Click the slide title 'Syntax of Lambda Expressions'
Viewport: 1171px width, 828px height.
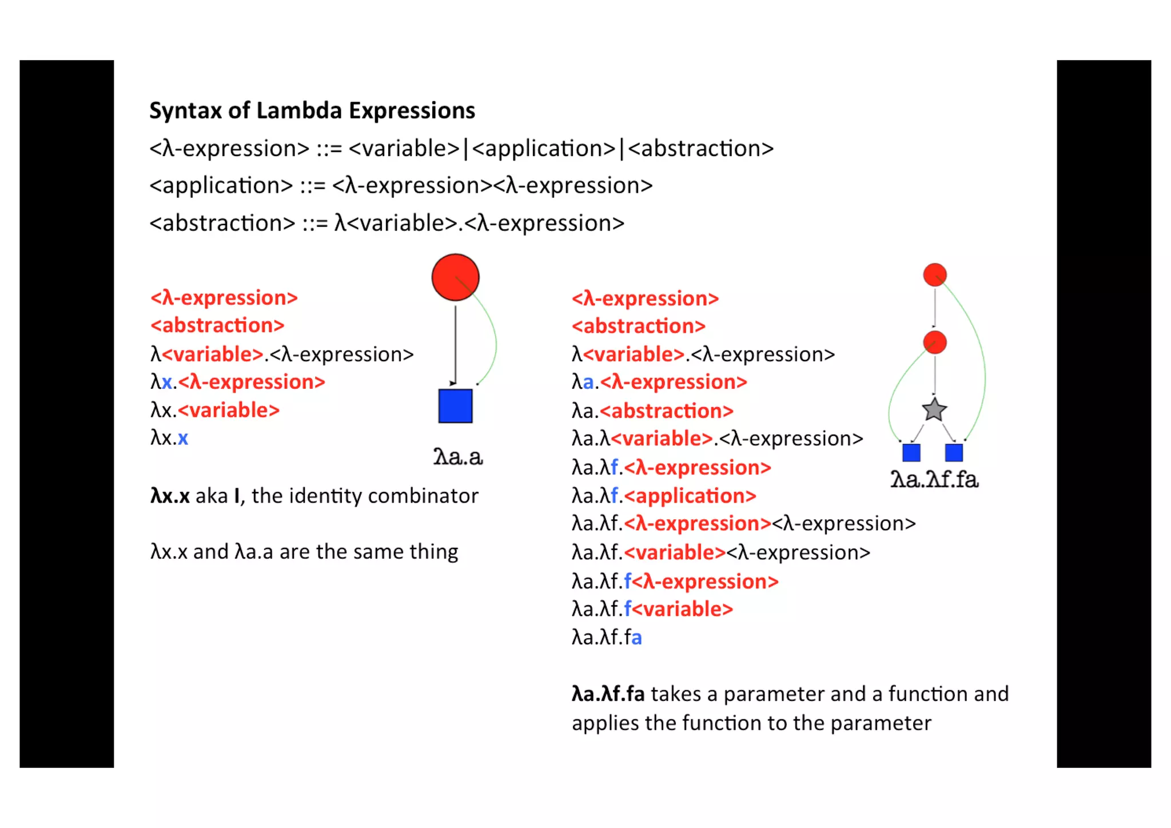point(312,110)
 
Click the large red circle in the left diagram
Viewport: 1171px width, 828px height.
point(455,277)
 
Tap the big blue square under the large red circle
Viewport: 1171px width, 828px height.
point(455,406)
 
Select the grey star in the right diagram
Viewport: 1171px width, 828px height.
point(934,410)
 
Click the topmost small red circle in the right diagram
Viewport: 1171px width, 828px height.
point(935,275)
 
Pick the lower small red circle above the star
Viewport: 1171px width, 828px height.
point(935,343)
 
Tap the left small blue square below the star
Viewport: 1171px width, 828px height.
point(911,452)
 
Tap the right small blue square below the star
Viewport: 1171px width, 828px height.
point(954,452)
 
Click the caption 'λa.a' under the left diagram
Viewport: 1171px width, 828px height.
point(458,457)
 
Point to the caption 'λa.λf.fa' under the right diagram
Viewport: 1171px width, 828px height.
point(934,479)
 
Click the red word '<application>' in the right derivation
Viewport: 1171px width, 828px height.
point(690,496)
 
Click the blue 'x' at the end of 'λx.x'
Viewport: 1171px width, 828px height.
point(183,439)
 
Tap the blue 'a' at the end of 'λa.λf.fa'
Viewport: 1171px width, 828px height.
point(636,638)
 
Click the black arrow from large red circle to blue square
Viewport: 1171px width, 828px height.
point(455,343)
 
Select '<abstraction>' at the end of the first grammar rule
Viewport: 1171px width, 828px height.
point(700,149)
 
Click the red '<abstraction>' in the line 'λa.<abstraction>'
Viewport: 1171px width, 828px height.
point(667,411)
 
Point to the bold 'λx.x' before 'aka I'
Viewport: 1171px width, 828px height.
point(170,496)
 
